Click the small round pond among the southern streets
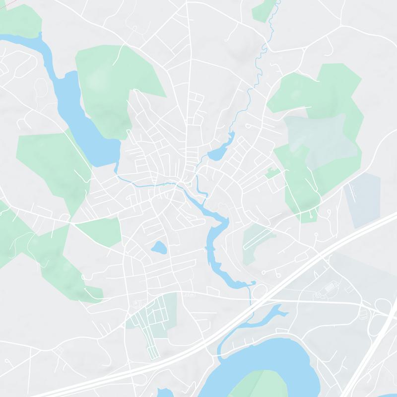coord(158,247)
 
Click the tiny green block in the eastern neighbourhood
coord(271,173)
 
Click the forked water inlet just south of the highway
coord(270,315)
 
